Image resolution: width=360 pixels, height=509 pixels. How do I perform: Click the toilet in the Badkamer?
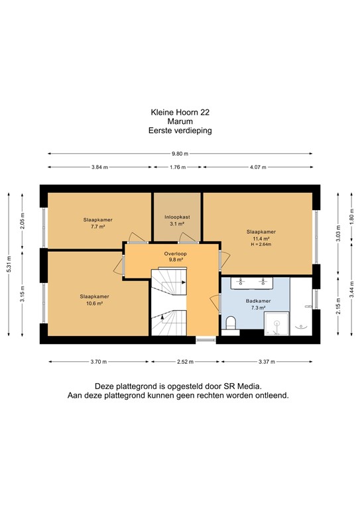click(231, 323)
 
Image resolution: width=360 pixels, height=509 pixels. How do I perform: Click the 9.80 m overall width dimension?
click(180, 154)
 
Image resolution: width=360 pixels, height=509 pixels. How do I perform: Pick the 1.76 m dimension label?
click(178, 168)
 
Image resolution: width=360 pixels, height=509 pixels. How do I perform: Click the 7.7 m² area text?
click(97, 226)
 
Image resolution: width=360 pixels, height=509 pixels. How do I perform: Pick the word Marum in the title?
click(180, 122)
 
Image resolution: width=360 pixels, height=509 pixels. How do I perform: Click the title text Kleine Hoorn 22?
click(180, 113)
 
